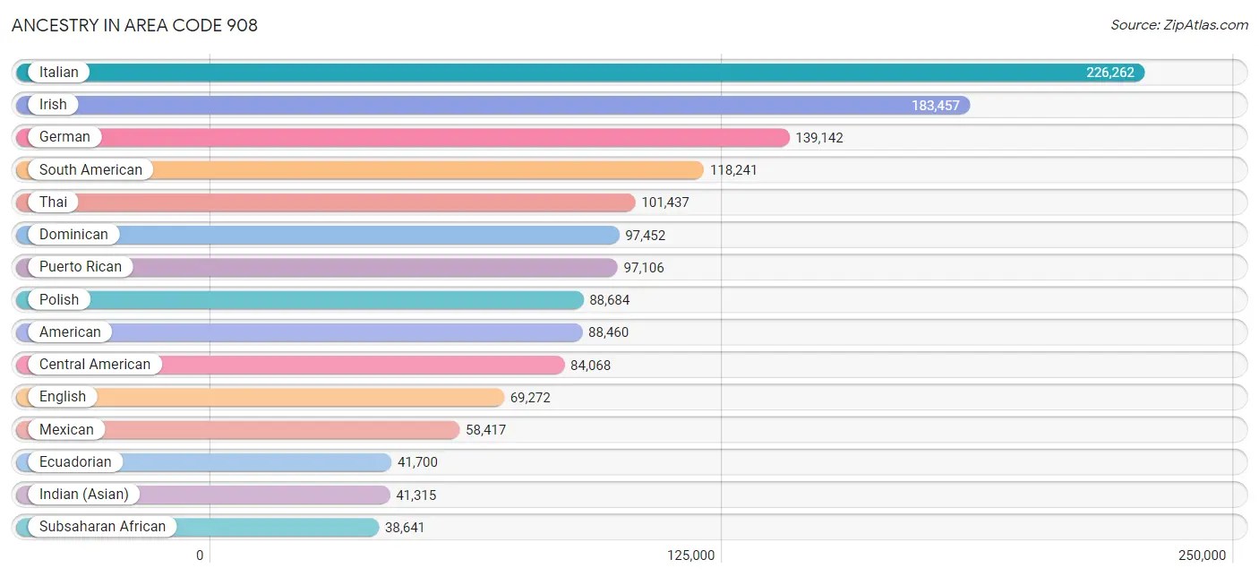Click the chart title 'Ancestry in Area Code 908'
(134, 25)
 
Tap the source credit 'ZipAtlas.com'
(1179, 25)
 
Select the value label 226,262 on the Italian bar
(1110, 73)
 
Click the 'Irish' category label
(53, 105)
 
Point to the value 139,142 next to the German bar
(819, 138)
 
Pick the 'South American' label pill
(90, 169)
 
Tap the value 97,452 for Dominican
(646, 235)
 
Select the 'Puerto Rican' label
(81, 267)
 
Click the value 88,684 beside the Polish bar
(610, 299)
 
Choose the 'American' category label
(70, 332)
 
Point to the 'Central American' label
(95, 365)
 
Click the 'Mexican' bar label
(66, 430)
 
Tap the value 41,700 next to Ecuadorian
(417, 462)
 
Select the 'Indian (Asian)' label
(84, 495)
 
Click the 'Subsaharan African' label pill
(102, 527)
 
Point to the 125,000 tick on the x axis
(691, 555)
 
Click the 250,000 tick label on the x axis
(1202, 555)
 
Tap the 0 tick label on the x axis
(200, 555)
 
